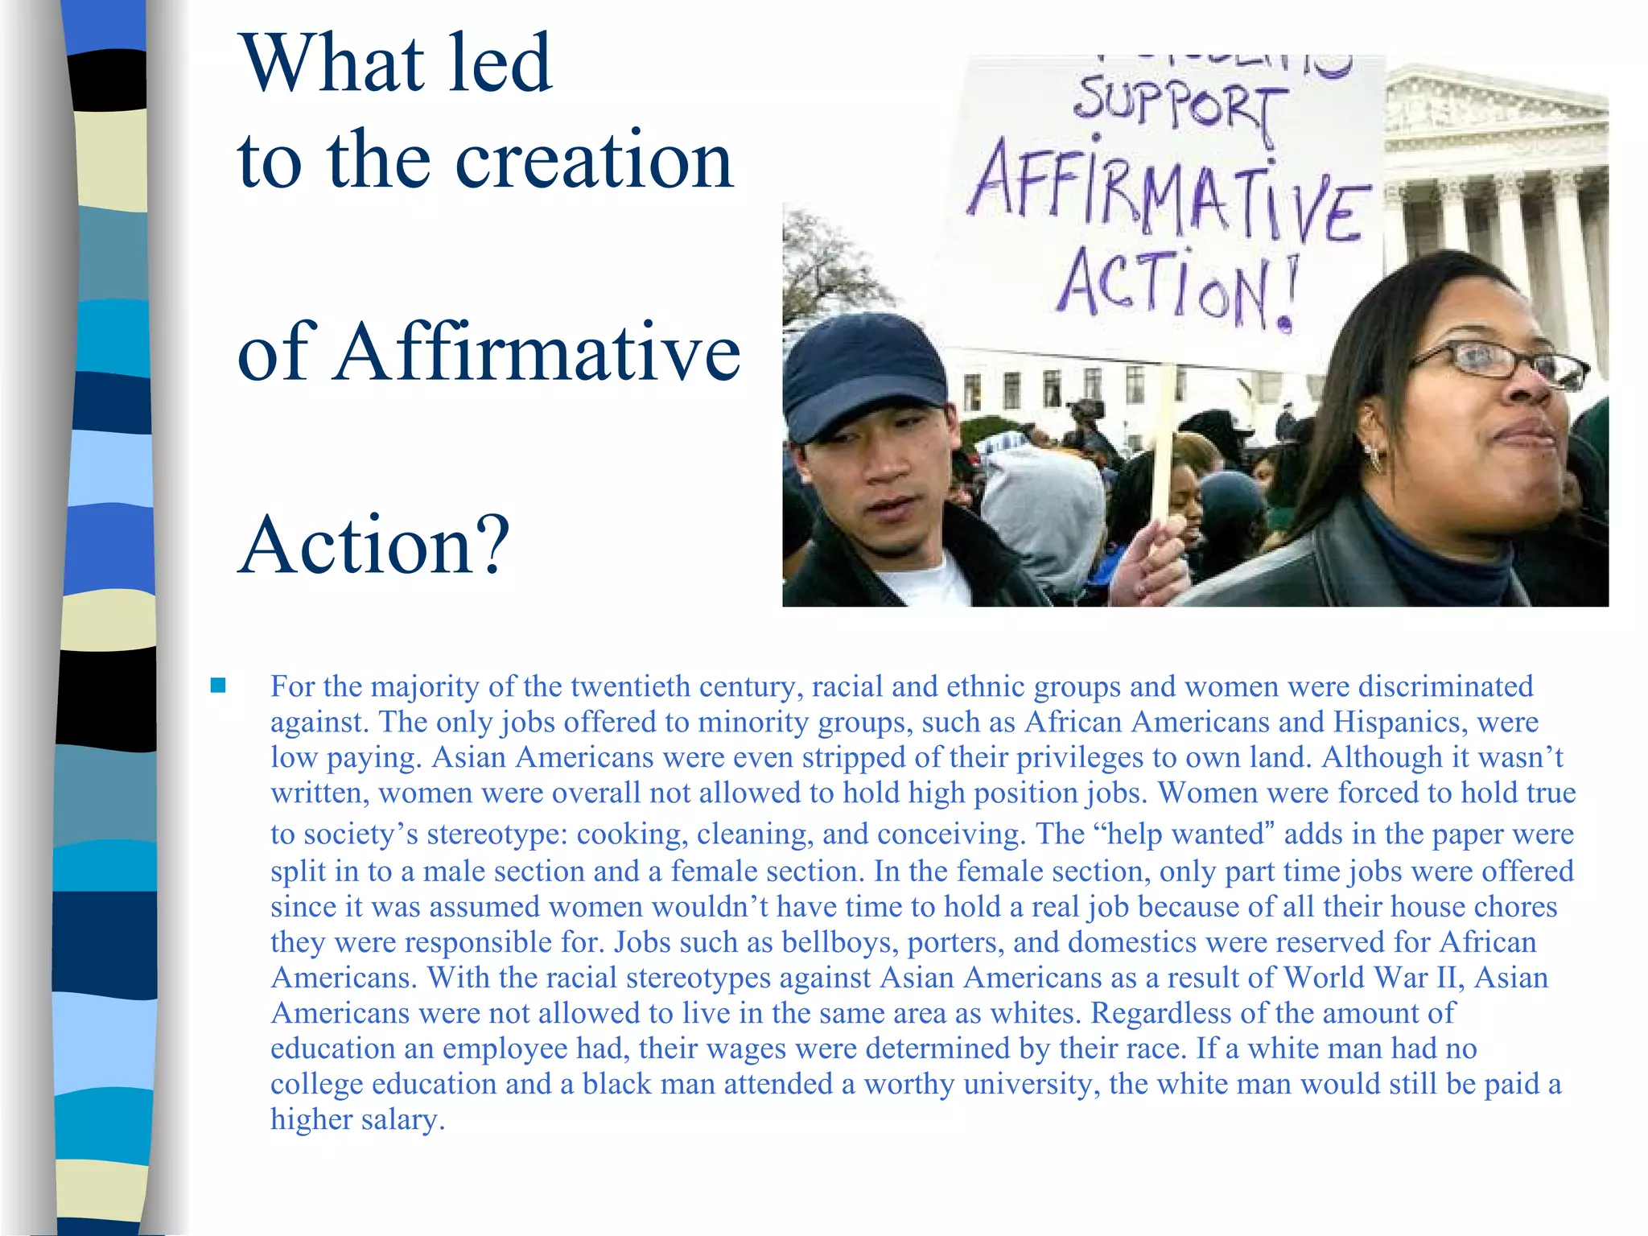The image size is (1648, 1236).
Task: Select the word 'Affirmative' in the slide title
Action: (x=537, y=352)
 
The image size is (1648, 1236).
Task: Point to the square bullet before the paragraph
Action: (x=217, y=686)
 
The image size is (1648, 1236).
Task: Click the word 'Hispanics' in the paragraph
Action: (x=1395, y=722)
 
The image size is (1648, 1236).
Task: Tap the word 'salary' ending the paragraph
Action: (x=401, y=1119)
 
